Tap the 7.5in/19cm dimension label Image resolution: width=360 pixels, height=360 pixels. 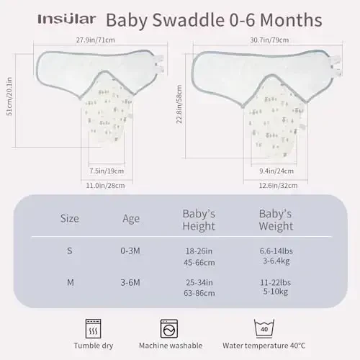(x=108, y=171)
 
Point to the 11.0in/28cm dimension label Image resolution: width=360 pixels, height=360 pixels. (x=108, y=185)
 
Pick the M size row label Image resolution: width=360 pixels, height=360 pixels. (x=70, y=282)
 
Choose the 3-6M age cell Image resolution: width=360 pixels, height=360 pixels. (x=132, y=282)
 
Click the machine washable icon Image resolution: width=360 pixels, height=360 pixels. (x=170, y=327)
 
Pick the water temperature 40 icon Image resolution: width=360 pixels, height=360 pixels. (x=264, y=327)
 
